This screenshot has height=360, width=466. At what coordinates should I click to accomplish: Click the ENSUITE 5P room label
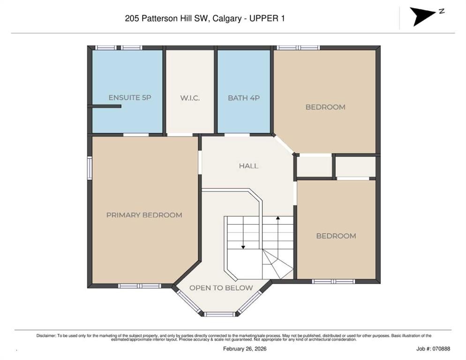point(129,98)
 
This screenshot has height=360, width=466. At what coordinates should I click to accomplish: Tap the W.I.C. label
point(190,98)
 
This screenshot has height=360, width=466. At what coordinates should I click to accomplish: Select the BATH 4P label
point(243,98)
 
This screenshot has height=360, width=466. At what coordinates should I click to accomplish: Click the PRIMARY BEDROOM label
point(144,215)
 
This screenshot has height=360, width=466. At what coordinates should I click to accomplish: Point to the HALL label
point(248,166)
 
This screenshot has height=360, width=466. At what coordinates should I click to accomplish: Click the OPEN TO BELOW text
point(221,288)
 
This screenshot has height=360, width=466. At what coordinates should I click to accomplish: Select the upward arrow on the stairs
point(278,219)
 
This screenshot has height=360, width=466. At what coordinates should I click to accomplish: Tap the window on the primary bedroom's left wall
point(90,168)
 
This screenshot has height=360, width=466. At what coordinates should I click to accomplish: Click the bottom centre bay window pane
point(219,314)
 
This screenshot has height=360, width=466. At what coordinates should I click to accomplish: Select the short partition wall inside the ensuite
point(105,106)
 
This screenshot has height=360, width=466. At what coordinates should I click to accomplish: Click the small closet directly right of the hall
point(314,166)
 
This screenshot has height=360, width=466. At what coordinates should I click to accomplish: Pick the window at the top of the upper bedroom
point(298,47)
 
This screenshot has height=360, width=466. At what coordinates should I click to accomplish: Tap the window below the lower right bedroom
point(333,281)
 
